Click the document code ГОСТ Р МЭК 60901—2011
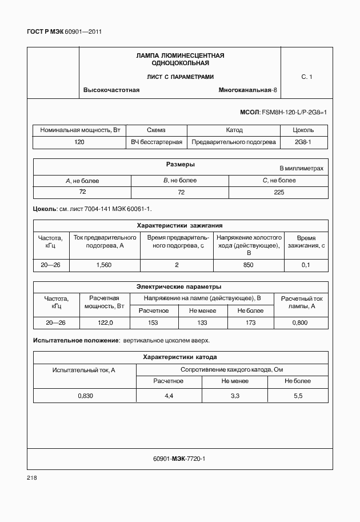pos(65,32)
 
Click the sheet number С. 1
pos(306,77)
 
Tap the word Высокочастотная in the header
pos(111,90)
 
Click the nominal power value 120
pos(79,142)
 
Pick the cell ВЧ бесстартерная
pos(156,142)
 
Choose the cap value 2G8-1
pos(302,142)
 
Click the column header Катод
pos(234,130)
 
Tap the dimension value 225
pos(279,192)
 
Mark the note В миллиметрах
pos(301,169)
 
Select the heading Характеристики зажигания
pos(180,225)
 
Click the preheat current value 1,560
pos(105,265)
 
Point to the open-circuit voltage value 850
pos(248,265)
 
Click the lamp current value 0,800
pos(299,323)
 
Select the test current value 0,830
pos(85,396)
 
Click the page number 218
pos(31,477)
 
